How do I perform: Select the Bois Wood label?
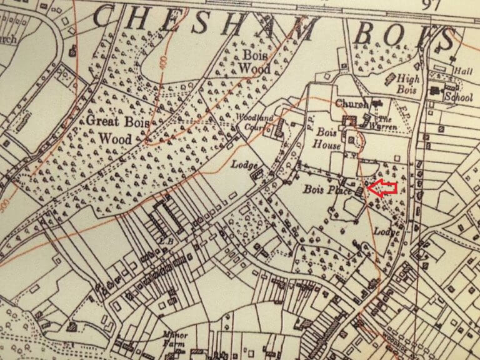(253, 62)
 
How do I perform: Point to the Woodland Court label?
(254, 121)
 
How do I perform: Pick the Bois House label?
(327, 139)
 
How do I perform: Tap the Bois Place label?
(325, 190)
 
